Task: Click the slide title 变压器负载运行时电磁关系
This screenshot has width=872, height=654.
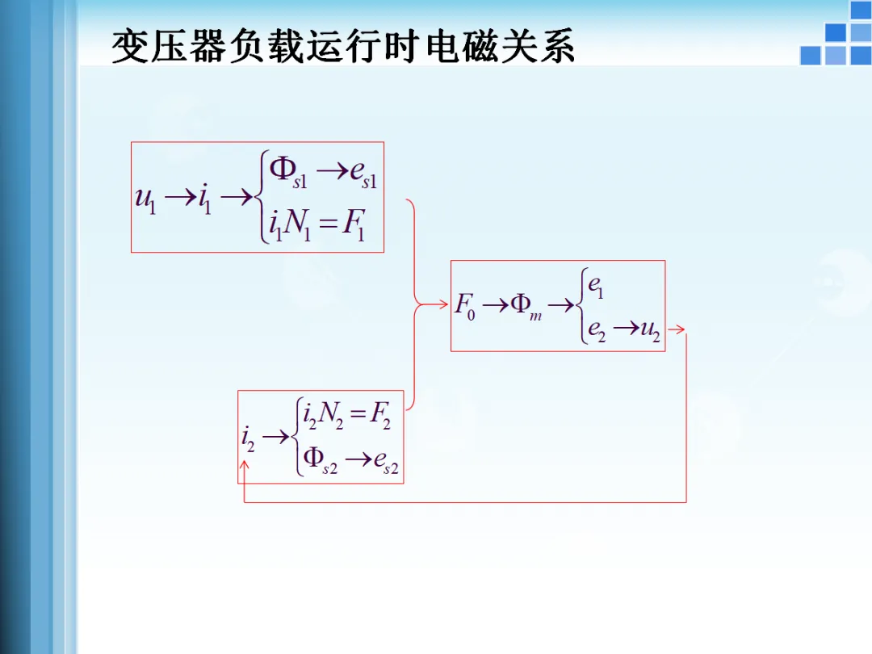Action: click(x=342, y=48)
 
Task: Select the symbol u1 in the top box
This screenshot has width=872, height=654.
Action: click(x=145, y=199)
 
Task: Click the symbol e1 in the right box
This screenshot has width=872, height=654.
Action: click(x=596, y=286)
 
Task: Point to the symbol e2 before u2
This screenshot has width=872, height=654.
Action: click(x=597, y=329)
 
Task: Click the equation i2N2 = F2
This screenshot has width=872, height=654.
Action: click(x=346, y=416)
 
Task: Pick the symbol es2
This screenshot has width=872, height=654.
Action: click(x=385, y=462)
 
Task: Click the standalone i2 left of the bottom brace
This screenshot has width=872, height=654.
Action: click(x=248, y=438)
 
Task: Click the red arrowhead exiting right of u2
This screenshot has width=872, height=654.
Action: click(x=678, y=329)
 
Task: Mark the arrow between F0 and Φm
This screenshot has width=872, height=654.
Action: click(x=496, y=305)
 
